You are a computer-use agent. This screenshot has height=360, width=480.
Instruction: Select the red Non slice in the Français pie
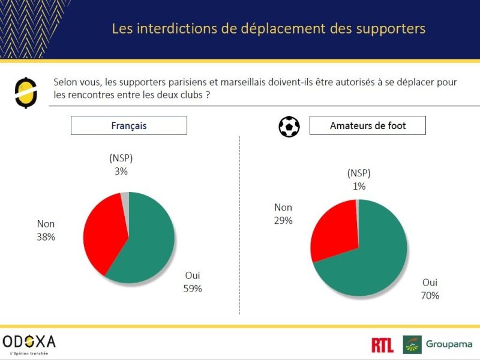tap(104, 233)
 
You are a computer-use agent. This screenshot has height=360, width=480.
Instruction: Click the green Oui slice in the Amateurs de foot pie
tap(367, 263)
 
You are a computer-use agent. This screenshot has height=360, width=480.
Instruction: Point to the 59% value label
tap(193, 289)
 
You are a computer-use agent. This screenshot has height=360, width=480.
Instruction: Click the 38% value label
tap(46, 237)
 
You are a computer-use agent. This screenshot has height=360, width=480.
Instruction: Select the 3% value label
tap(121, 171)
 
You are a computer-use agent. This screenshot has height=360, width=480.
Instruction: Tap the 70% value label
tap(430, 295)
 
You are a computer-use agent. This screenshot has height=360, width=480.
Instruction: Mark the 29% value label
tap(283, 220)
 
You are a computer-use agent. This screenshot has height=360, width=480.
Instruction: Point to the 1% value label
tap(359, 186)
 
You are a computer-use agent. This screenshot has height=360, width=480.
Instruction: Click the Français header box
tap(129, 125)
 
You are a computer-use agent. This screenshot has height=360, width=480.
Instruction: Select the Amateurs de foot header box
tap(368, 125)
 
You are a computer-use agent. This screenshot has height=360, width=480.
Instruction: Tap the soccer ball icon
tap(289, 127)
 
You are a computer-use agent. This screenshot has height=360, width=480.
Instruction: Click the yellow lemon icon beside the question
tap(26, 93)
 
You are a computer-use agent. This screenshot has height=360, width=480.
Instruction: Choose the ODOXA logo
tap(29, 344)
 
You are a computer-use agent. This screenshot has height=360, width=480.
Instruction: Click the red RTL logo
tap(382, 345)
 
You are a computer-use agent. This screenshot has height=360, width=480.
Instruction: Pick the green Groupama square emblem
tap(412, 344)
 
